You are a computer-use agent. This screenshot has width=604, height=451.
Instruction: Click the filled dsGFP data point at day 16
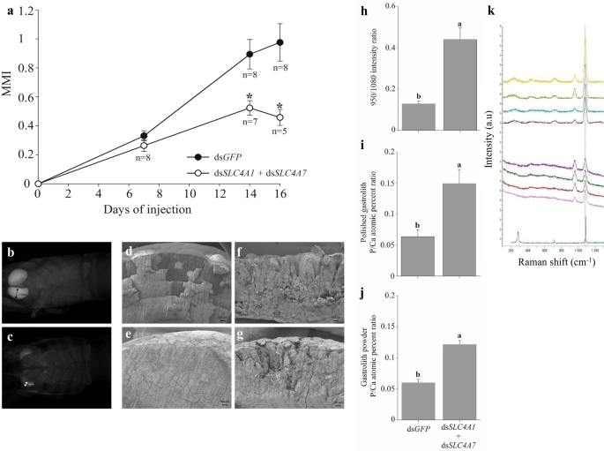tap(280, 42)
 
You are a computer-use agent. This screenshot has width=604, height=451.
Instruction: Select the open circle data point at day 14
tap(250, 108)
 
